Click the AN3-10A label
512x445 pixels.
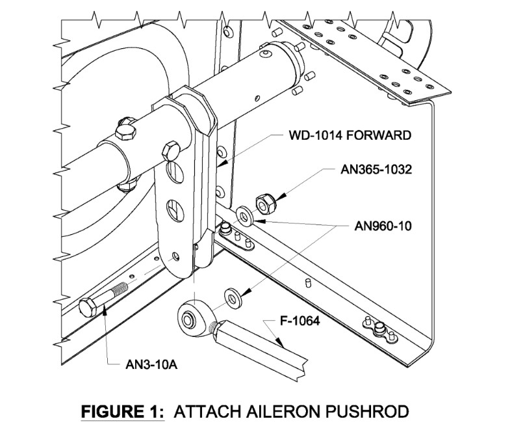(x=149, y=364)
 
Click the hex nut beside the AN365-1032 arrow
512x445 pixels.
(x=264, y=203)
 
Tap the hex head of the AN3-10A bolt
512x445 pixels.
(x=88, y=306)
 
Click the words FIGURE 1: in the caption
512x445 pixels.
(x=122, y=412)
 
